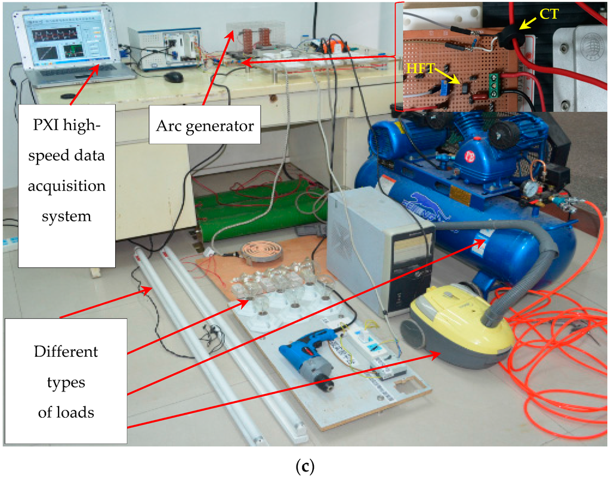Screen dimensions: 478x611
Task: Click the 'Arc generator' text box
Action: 205,125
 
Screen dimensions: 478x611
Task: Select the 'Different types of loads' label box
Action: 66,381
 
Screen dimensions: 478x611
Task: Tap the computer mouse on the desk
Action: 173,77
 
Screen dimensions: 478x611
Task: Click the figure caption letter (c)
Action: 305,465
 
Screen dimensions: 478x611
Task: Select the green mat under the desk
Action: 263,209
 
